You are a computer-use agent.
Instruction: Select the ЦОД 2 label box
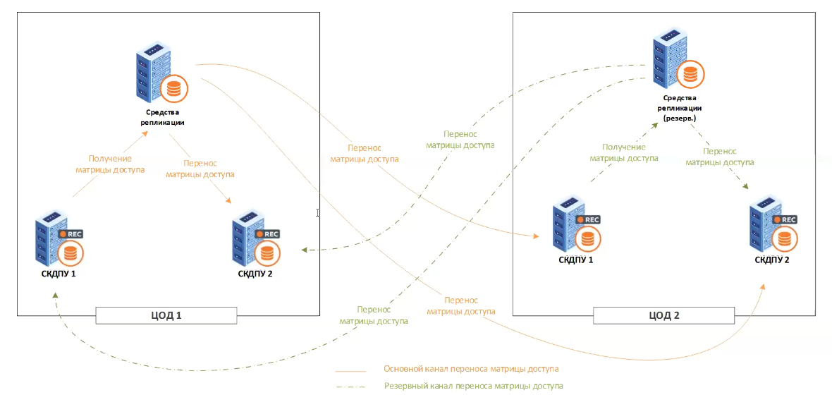point(663,315)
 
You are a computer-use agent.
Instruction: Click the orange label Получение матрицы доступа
point(110,164)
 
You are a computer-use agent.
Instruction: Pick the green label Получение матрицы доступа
point(624,152)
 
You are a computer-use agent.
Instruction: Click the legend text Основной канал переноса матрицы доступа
point(471,369)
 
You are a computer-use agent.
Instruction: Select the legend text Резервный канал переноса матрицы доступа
point(474,386)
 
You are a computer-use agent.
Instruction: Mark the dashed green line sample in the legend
point(351,387)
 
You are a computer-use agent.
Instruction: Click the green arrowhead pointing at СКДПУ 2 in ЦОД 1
point(303,250)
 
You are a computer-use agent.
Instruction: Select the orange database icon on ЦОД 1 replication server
point(173,87)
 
